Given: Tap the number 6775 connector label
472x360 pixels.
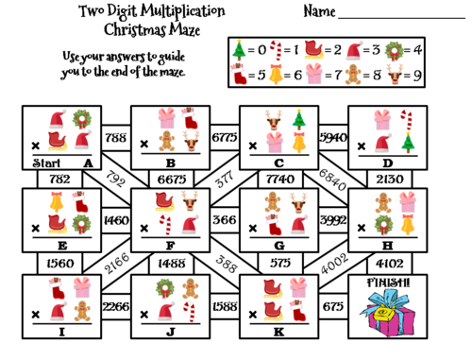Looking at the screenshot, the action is pyautogui.click(x=225, y=138).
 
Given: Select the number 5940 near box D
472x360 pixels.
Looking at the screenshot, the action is pyautogui.click(x=333, y=138).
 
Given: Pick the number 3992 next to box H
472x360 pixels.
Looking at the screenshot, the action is pyautogui.click(x=333, y=222).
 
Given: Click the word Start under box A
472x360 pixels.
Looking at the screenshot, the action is pyautogui.click(x=40, y=163).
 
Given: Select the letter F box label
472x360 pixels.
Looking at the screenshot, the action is pyautogui.click(x=172, y=244).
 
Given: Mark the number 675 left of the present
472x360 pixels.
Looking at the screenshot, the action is pyautogui.click(x=333, y=305).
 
